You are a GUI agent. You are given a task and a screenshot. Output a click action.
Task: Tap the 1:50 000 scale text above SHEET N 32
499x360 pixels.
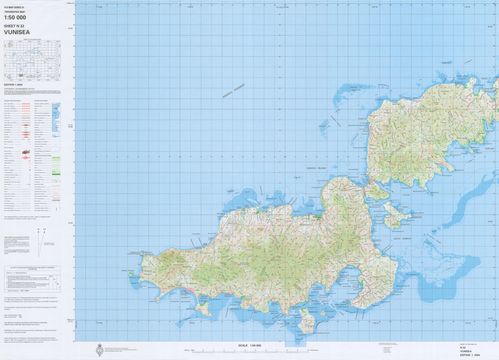tap(15, 18)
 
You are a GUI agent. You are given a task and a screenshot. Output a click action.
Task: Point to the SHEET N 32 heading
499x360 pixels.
tap(15, 25)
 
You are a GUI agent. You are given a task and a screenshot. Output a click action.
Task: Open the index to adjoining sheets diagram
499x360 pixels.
tap(32, 59)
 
